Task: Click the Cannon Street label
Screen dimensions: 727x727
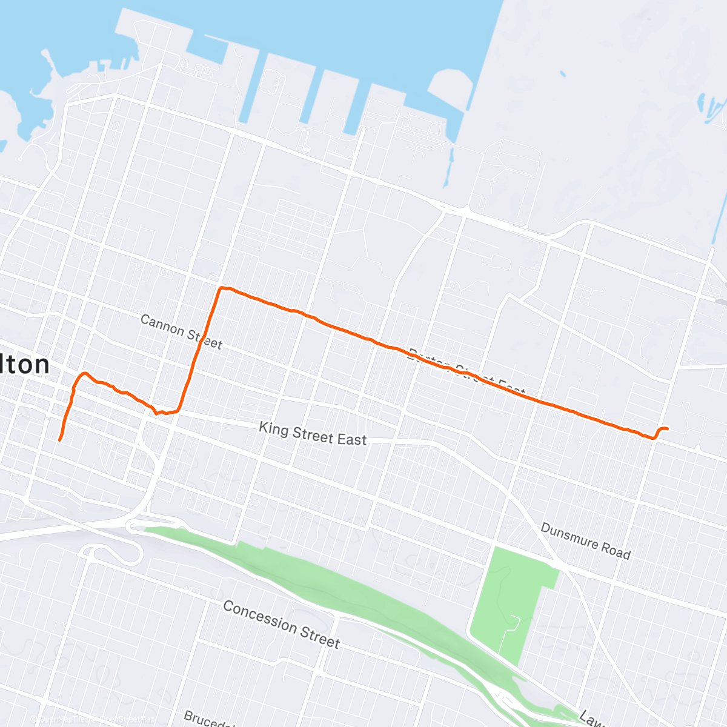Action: coord(181,331)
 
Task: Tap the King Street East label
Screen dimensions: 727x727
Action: coord(313,434)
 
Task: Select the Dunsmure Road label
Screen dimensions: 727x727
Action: coord(585,541)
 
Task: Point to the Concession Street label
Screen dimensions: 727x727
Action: coord(281,624)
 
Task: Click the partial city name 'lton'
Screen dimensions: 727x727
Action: coord(25,365)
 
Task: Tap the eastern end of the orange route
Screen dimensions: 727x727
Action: coord(667,429)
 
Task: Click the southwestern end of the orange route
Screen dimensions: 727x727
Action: coord(59,440)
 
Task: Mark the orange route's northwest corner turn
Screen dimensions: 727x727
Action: coord(222,288)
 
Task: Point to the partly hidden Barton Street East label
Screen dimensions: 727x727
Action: coord(466,371)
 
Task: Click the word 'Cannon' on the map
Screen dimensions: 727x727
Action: coord(162,325)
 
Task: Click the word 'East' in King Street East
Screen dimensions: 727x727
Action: coord(352,439)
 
